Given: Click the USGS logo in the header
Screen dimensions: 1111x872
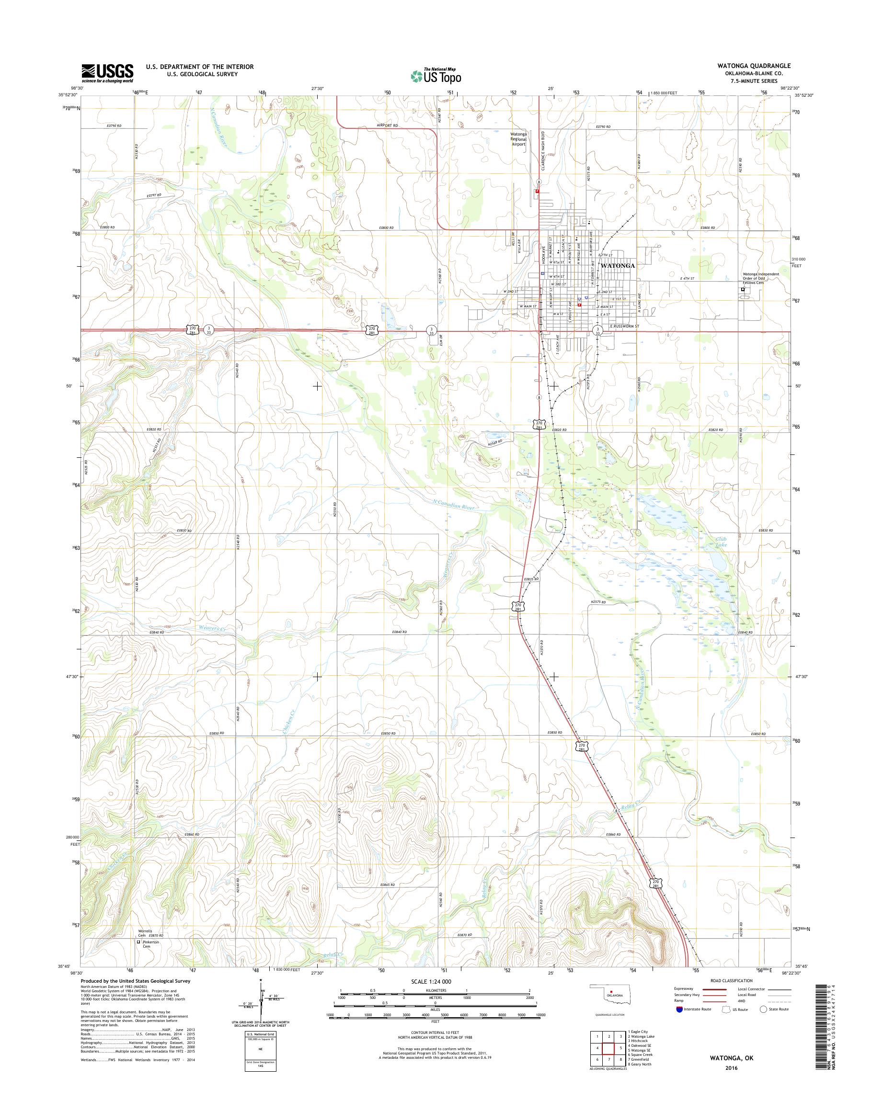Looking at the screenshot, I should click(x=107, y=73).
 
